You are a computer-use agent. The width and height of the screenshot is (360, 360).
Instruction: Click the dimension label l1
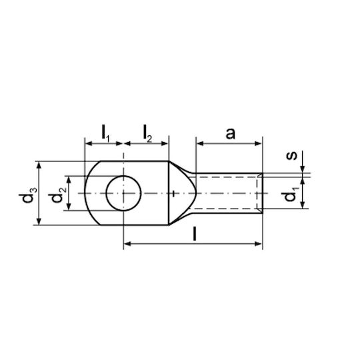pos(105,133)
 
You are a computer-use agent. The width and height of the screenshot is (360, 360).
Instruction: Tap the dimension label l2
pos(147,133)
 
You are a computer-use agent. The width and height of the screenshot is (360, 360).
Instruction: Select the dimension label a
pos(230,133)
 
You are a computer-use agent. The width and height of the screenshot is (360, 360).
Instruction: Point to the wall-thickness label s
pos(291,155)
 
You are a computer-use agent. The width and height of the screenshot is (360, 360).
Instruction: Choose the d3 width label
pos(29,195)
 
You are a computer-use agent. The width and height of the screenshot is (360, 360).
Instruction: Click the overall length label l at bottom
pos(195,233)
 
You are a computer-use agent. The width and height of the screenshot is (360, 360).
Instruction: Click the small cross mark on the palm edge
pos(174,193)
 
